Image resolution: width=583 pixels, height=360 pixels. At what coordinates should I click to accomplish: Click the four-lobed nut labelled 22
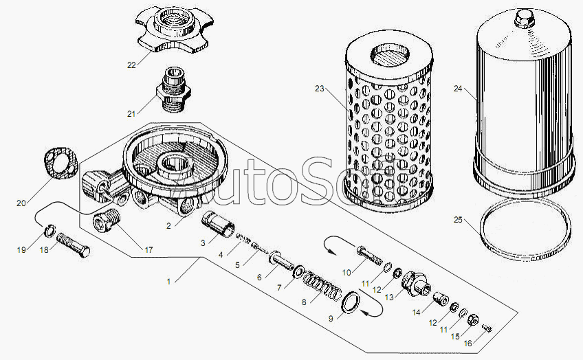pos(175,29)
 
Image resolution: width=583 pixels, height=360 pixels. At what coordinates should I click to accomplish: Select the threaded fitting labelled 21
pos(173,89)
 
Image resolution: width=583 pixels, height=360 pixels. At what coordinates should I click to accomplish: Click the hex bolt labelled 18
pos(74,245)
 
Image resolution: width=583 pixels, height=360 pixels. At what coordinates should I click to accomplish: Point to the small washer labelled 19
pos(49,231)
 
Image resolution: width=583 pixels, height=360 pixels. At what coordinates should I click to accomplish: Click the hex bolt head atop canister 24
pos(525,18)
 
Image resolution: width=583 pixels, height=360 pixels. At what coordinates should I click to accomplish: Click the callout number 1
pos(169,282)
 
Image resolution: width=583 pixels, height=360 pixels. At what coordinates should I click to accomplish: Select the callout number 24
pos(458,89)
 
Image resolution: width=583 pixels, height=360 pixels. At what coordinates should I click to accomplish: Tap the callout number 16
pos(468,344)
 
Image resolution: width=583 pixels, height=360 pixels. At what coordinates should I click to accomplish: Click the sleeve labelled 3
pos(218,224)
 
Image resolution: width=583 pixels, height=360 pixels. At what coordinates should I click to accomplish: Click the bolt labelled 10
pos(370,255)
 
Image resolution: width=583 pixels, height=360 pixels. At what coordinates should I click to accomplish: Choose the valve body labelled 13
pos(416,284)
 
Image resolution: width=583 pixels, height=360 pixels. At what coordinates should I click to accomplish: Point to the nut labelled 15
pos(472,319)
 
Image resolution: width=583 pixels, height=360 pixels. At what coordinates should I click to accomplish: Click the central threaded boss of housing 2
pos(174,166)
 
